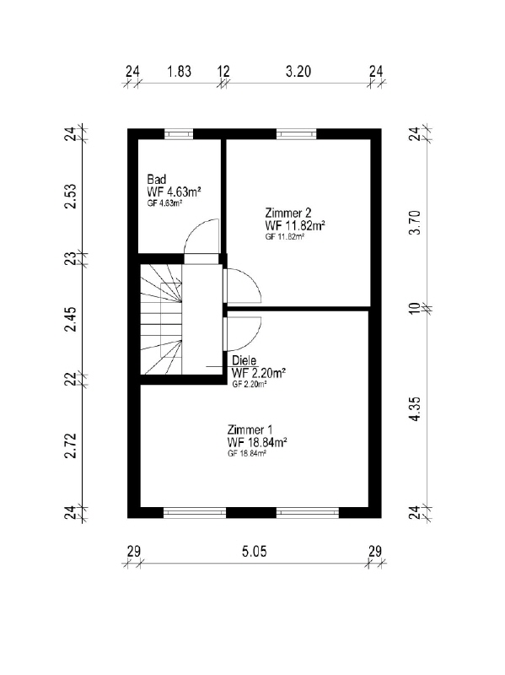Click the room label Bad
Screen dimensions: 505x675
(x=156, y=179)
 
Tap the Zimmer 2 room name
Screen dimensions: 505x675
(x=287, y=213)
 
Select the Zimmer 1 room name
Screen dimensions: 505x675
(x=250, y=429)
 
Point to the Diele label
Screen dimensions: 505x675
(x=244, y=360)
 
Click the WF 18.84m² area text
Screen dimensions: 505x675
(x=257, y=442)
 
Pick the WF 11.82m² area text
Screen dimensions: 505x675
(x=295, y=225)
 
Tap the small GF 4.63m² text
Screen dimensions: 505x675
(x=164, y=203)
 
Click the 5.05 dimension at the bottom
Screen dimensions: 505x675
(x=254, y=551)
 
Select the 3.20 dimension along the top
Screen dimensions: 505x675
(x=298, y=72)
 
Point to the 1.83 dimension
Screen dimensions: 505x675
(x=179, y=72)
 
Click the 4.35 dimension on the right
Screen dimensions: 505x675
(x=415, y=408)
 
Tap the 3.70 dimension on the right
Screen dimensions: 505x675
(x=415, y=223)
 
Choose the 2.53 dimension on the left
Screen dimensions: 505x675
(x=71, y=197)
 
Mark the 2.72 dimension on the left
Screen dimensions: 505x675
(x=71, y=446)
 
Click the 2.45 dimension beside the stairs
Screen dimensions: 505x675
(x=71, y=319)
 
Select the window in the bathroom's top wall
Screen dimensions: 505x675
(x=179, y=134)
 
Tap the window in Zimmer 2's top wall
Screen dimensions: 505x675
(x=296, y=134)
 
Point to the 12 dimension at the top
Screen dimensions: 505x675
(x=223, y=72)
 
